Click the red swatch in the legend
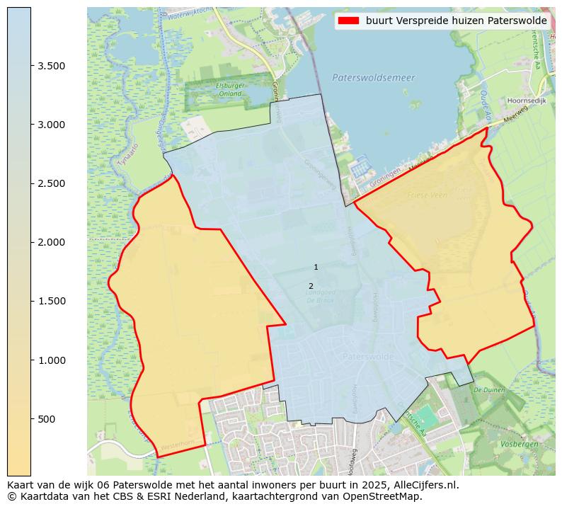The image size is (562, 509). (x=350, y=21)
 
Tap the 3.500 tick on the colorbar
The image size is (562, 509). (x=31, y=66)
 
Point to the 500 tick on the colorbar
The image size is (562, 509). (x=31, y=419)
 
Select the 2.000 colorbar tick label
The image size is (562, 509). (x=52, y=242)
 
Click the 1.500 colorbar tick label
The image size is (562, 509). (x=52, y=301)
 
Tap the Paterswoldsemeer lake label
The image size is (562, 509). (x=373, y=77)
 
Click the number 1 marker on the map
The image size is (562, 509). (x=316, y=267)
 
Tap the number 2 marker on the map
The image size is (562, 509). (x=311, y=286)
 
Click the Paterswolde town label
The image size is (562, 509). (x=367, y=357)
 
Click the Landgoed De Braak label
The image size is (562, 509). (x=321, y=296)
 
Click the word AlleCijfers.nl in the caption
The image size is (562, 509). (x=424, y=486)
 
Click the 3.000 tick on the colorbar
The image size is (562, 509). (x=31, y=125)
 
